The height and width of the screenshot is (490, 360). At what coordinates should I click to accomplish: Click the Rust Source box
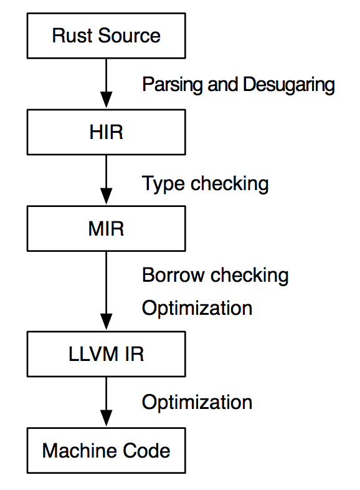click(x=106, y=36)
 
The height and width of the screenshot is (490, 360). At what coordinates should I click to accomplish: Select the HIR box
click(x=106, y=132)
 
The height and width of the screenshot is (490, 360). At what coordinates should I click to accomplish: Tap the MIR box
click(x=106, y=228)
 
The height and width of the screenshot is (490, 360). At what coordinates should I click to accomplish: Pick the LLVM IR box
click(x=106, y=353)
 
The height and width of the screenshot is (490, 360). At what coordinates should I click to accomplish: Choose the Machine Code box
click(x=106, y=450)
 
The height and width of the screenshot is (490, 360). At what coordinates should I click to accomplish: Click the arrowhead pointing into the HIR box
click(x=106, y=100)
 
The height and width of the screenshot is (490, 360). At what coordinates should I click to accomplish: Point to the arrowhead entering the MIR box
click(x=106, y=196)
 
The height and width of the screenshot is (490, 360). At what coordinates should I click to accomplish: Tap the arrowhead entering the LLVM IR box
click(x=106, y=322)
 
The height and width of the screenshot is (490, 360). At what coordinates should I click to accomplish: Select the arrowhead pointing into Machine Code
click(x=106, y=418)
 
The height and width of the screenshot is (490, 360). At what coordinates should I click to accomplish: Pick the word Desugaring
click(x=289, y=85)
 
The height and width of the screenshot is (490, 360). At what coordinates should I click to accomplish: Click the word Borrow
click(x=173, y=275)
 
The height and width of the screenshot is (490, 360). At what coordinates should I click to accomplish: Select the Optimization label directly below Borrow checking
click(x=197, y=309)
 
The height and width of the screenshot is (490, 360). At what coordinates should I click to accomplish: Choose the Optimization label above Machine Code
click(x=197, y=403)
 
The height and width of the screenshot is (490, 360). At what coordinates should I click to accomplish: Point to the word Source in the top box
click(x=130, y=36)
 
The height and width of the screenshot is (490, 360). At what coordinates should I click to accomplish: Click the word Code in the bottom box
click(x=146, y=451)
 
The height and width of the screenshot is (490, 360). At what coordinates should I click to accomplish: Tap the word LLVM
click(x=93, y=354)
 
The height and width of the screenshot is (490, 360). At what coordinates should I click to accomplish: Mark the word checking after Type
click(x=229, y=184)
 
